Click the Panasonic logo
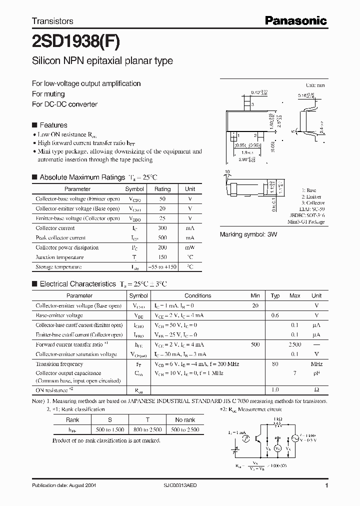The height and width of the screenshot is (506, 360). tap(295, 20)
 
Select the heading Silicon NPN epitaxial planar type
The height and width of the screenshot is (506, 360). tap(102, 61)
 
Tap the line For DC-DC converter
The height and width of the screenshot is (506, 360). tap(64, 104)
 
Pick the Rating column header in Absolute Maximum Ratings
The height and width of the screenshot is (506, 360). tap(162, 189)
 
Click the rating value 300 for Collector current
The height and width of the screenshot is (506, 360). tap(162, 228)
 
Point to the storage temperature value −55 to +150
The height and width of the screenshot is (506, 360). tap(162, 267)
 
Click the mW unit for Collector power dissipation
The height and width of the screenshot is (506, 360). tap(190, 247)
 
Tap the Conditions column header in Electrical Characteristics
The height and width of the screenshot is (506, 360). tap(197, 295)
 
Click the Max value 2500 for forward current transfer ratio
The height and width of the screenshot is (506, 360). tap(295, 344)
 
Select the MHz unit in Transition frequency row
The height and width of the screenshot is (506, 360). tap(316, 364)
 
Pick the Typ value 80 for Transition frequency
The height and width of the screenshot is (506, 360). tap(275, 364)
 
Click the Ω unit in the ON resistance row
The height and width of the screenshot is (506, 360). tap(316, 389)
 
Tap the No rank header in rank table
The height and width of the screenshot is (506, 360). tap(185, 420)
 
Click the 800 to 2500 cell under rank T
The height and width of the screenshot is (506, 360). tap(148, 429)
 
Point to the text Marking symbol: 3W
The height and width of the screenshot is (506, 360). tap(248, 234)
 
